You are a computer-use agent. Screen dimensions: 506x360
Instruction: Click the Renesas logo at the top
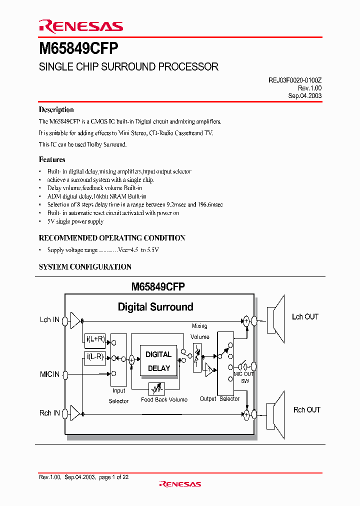tap(80, 26)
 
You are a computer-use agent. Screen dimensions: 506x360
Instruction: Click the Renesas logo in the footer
tap(180, 484)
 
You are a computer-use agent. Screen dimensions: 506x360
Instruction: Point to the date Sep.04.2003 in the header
tap(305, 95)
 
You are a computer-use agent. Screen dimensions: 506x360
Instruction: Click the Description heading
tap(56, 110)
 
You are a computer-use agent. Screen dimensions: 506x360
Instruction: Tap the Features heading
tap(52, 160)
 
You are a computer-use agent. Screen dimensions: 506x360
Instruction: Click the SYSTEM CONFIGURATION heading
tap(85, 267)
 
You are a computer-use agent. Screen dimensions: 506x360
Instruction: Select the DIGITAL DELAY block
tap(158, 361)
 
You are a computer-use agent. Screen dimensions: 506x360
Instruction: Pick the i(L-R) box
tap(95, 357)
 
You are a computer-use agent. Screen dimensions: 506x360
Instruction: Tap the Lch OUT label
tap(305, 317)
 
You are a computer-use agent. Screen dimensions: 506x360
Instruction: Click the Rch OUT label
tap(306, 410)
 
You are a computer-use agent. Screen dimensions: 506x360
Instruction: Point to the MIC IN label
tap(49, 374)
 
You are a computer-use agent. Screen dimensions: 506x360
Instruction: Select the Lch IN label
tap(49, 319)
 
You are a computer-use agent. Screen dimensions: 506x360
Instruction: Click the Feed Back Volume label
tap(164, 399)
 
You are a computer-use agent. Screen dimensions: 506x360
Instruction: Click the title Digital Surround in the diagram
tap(155, 307)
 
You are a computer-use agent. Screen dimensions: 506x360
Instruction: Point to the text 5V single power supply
tap(75, 221)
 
